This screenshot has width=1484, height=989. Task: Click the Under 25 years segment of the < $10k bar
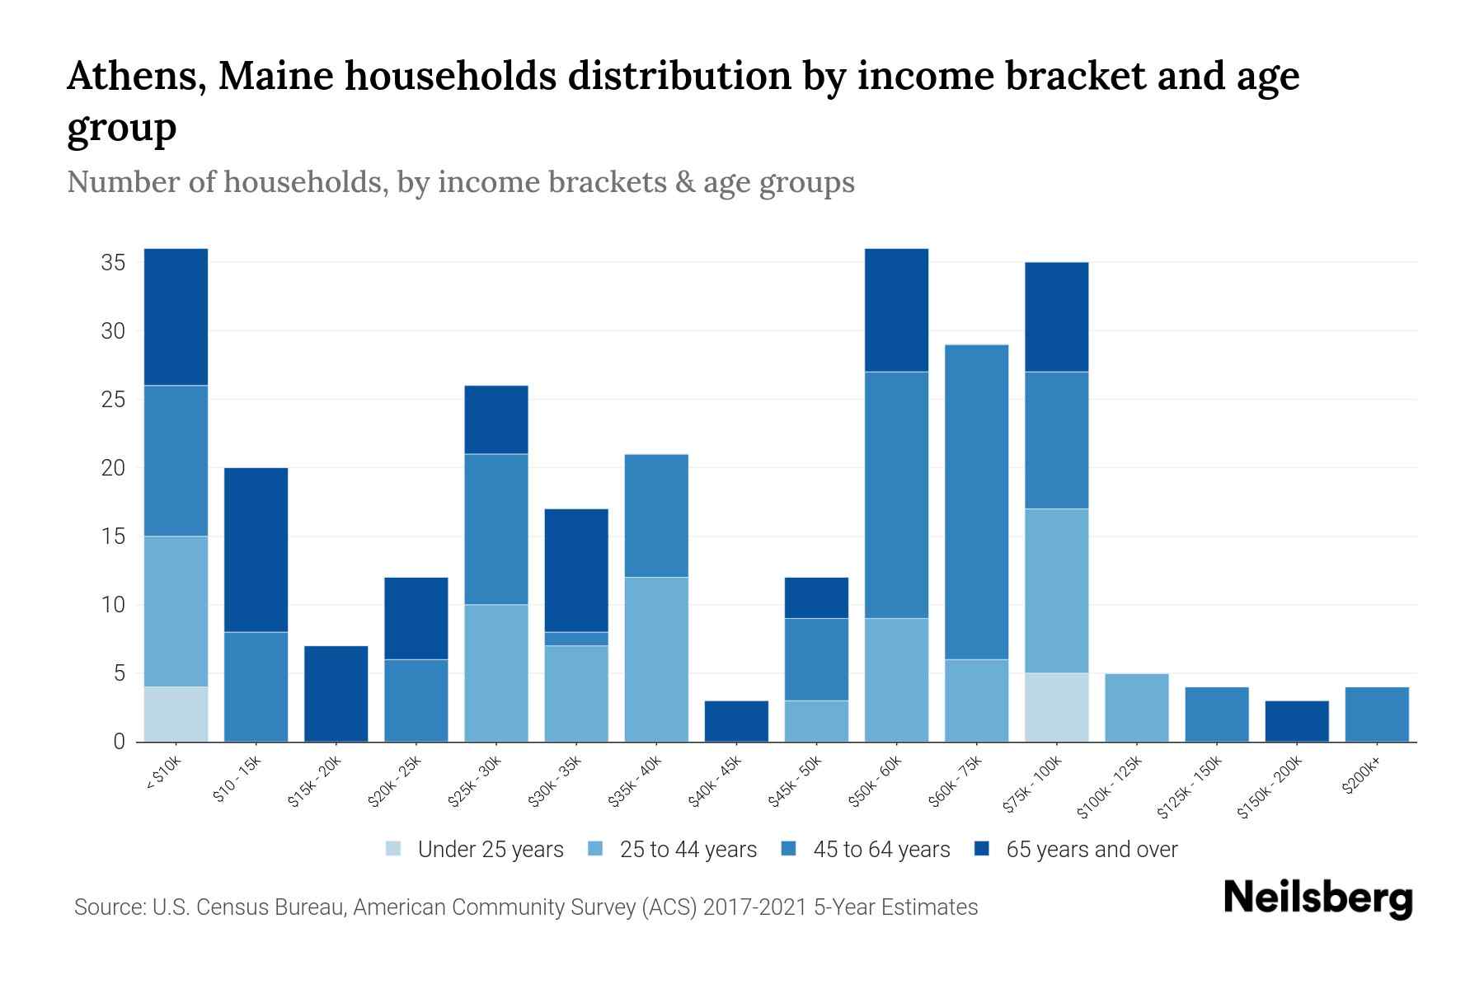(x=176, y=714)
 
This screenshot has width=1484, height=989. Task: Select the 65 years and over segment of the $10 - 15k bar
(x=256, y=550)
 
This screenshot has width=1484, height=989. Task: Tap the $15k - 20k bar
(x=336, y=693)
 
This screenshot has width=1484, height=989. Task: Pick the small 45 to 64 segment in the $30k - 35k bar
(x=576, y=639)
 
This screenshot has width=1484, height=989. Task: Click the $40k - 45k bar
(x=736, y=721)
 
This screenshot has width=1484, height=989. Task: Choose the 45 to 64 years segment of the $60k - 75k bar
(x=976, y=502)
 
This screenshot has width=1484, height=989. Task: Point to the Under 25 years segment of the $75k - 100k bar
(x=1056, y=707)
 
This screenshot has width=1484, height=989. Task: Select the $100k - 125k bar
(x=1136, y=707)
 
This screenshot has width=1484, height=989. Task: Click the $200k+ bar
(x=1376, y=714)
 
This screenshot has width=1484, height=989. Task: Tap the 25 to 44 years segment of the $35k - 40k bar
(x=656, y=659)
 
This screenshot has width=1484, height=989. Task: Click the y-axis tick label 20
(x=113, y=468)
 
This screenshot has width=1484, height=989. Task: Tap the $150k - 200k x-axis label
(x=1270, y=787)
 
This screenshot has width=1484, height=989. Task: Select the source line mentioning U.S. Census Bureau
(x=526, y=907)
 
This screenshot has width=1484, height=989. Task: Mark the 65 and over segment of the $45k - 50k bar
(x=816, y=598)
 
